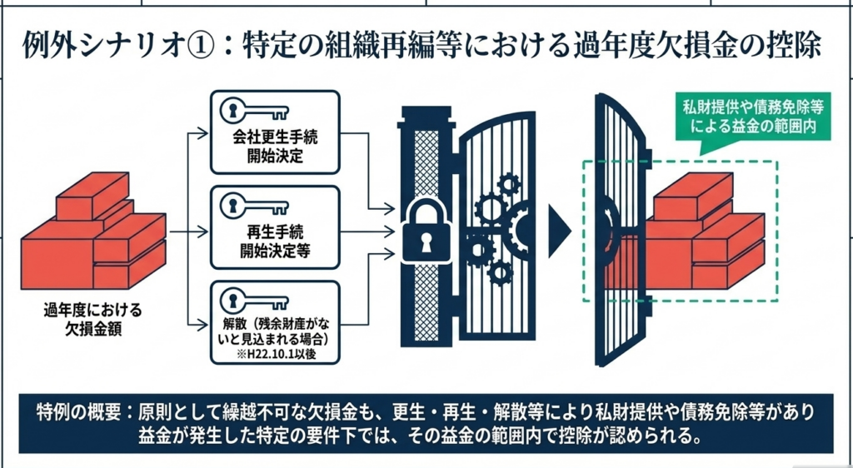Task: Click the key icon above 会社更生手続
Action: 254,112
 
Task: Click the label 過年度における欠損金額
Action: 92,319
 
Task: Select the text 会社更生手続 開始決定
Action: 276,147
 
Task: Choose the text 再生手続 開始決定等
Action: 276,240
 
